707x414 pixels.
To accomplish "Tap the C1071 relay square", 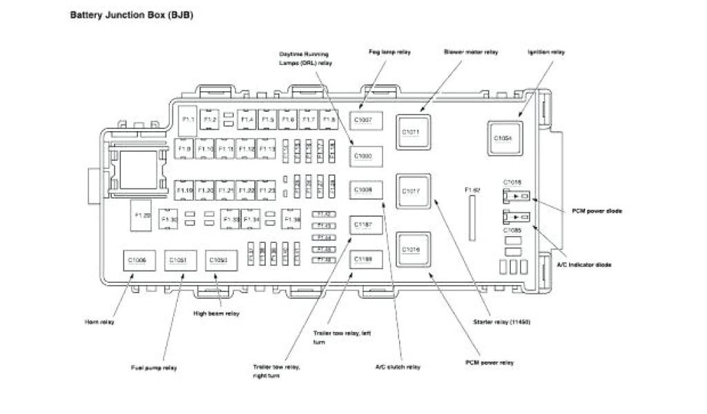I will coord(412,131).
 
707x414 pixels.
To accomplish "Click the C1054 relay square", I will coord(503,138).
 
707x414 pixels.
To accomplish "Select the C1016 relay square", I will coord(412,249).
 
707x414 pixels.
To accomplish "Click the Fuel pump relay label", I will coord(154,367).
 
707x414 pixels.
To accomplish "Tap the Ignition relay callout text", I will coord(547,52).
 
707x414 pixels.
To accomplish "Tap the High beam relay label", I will coord(216,313).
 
